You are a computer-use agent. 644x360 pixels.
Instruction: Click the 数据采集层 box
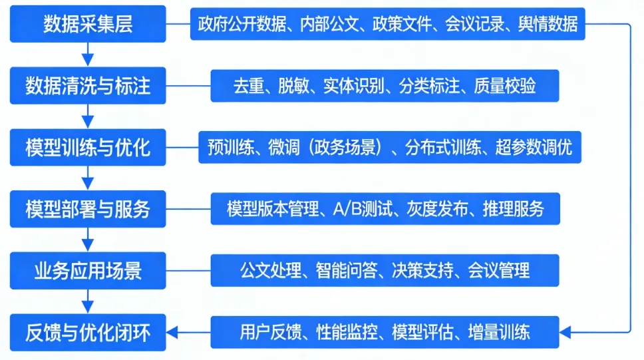88,24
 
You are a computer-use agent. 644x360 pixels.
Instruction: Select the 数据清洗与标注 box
88,86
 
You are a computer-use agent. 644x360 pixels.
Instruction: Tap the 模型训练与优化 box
88,147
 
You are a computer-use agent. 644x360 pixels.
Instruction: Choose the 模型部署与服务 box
88,209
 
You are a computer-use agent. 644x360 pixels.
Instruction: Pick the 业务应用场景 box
88,270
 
